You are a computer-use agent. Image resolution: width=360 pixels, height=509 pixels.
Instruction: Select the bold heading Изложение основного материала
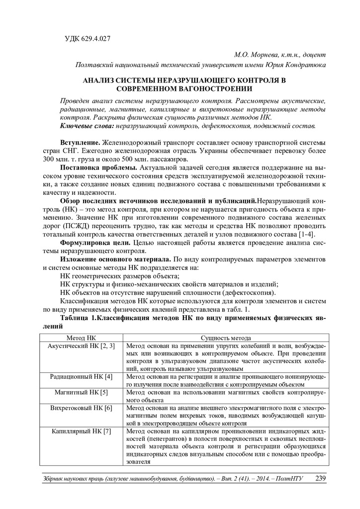tap(115, 259)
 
